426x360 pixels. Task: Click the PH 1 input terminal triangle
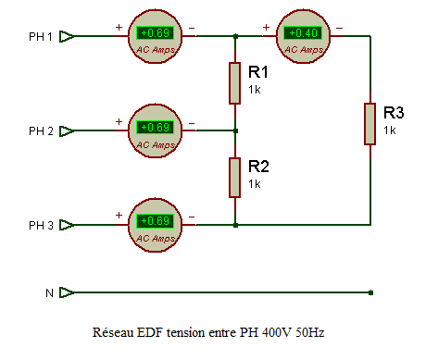pyautogui.click(x=66, y=36)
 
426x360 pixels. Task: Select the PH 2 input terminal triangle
pyautogui.click(x=66, y=131)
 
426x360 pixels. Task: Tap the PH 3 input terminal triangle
pyautogui.click(x=66, y=225)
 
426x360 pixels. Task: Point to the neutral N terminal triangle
pyautogui.click(x=66, y=292)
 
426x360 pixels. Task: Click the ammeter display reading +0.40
pyautogui.click(x=303, y=33)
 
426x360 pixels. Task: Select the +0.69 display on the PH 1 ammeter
pyautogui.click(x=156, y=33)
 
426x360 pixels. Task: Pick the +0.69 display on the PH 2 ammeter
pyautogui.click(x=156, y=128)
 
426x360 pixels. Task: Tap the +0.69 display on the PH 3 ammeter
pyautogui.click(x=156, y=221)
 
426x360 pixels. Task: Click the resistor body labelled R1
pyautogui.click(x=234, y=83)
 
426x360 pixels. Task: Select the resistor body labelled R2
pyautogui.click(x=234, y=178)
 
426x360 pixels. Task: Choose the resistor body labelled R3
pyautogui.click(x=370, y=124)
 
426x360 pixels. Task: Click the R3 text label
pyautogui.click(x=394, y=113)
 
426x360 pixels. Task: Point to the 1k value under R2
pyautogui.click(x=255, y=184)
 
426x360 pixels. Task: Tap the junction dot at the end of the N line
pyautogui.click(x=370, y=292)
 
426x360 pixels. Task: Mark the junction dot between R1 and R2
pyautogui.click(x=235, y=130)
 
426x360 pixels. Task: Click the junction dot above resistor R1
pyautogui.click(x=235, y=36)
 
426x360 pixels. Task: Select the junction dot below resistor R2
pyautogui.click(x=235, y=225)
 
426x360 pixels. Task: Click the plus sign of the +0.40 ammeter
pyautogui.click(x=266, y=28)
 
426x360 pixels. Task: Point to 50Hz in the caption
pyautogui.click(x=309, y=332)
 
